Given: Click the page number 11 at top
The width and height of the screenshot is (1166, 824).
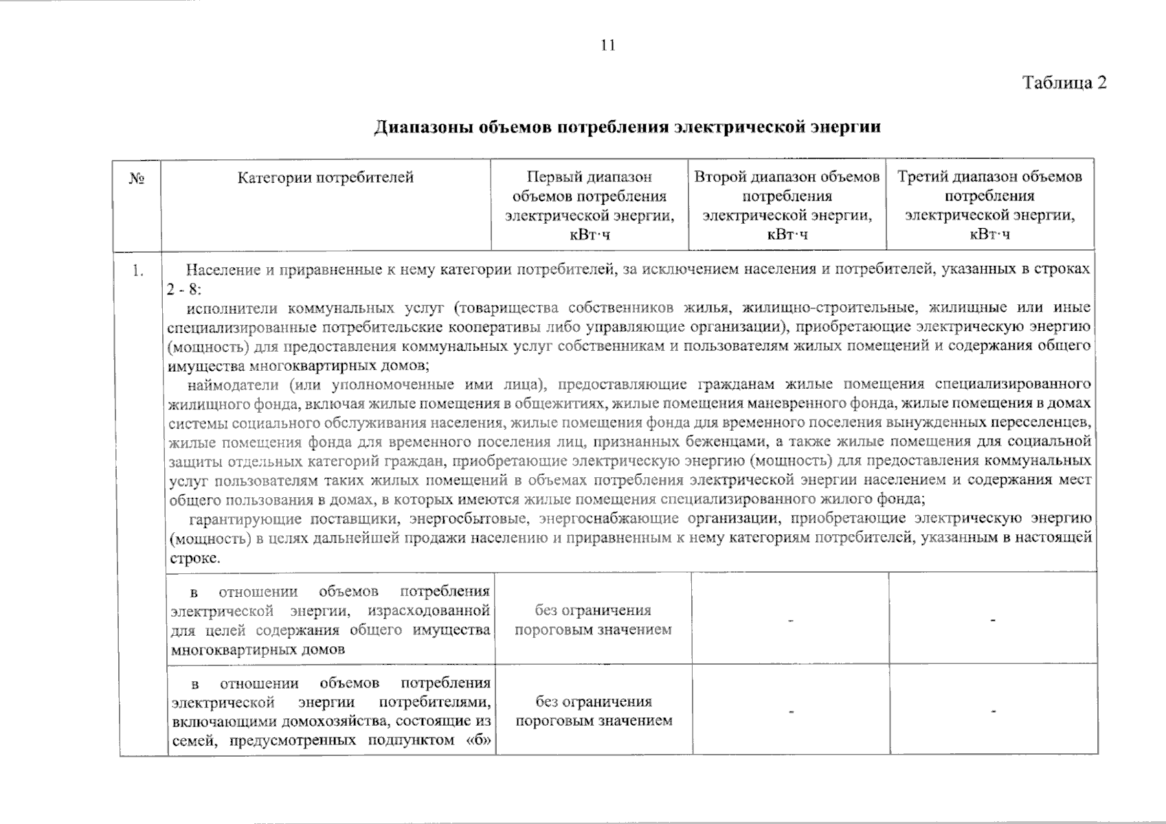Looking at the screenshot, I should tap(607, 46).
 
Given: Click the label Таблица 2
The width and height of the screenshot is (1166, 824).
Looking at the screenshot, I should tap(1064, 83).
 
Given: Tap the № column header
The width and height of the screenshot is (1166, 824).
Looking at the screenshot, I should tap(136, 179).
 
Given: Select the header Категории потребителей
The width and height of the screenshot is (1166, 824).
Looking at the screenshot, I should tap(326, 178).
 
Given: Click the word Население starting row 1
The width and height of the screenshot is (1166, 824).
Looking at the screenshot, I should tap(221, 269).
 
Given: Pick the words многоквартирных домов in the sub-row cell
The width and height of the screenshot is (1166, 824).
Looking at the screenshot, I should tap(258, 649).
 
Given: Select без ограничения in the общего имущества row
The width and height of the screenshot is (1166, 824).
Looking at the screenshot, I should tap(593, 610).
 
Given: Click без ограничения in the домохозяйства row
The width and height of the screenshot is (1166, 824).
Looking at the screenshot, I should tap(593, 702).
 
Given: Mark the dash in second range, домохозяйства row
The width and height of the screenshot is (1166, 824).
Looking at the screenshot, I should tap(790, 712).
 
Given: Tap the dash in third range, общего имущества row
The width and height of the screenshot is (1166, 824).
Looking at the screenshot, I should tap(992, 621).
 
